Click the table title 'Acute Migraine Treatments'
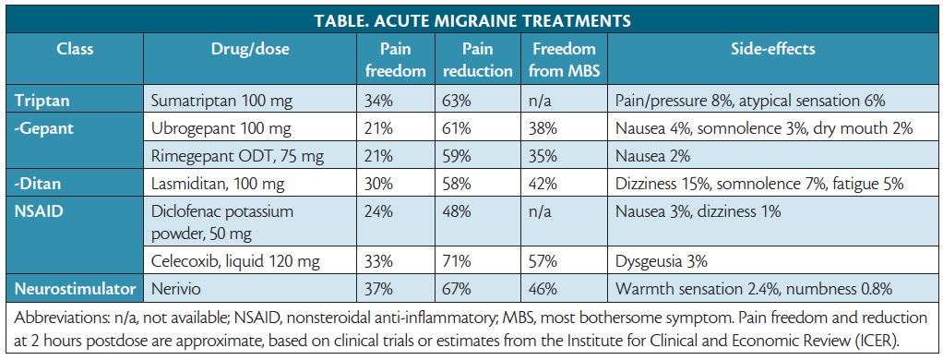(471, 18)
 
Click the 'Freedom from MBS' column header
(564, 59)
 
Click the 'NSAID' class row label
(39, 211)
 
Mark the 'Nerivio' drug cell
(175, 288)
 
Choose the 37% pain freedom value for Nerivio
(380, 288)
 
